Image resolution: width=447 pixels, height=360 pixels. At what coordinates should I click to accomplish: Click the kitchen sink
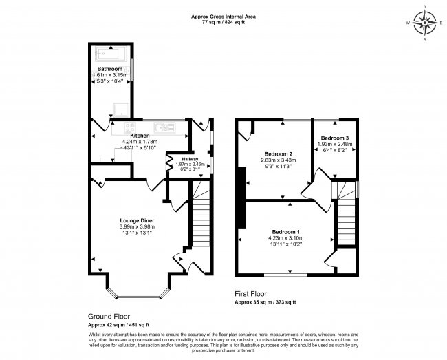click(x=165, y=126)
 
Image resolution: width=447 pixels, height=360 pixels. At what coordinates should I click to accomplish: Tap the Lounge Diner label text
click(x=138, y=220)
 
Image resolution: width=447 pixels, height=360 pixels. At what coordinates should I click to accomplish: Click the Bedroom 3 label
click(x=334, y=138)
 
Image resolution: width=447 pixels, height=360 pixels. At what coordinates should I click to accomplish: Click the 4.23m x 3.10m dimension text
click(x=285, y=238)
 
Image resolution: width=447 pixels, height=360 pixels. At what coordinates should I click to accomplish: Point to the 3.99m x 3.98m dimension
click(x=138, y=226)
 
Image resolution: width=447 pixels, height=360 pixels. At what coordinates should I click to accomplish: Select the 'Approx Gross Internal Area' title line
click(x=223, y=15)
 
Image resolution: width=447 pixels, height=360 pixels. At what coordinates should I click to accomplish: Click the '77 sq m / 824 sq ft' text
click(x=223, y=22)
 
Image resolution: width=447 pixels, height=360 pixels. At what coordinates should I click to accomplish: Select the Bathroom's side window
click(x=132, y=69)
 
